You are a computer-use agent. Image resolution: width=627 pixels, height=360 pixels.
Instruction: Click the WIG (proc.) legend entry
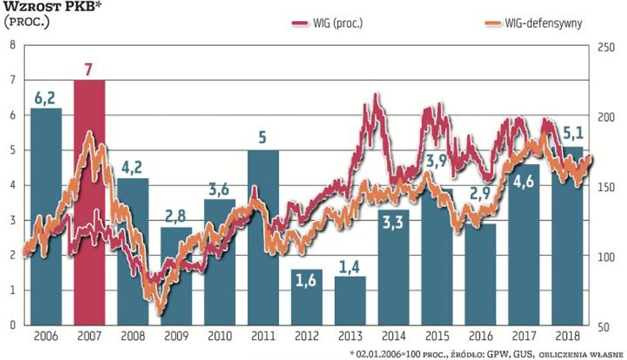[327, 24]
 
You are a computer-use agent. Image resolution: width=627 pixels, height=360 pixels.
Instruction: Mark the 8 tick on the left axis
[11, 46]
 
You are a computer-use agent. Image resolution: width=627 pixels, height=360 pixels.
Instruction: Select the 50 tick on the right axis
[604, 326]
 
